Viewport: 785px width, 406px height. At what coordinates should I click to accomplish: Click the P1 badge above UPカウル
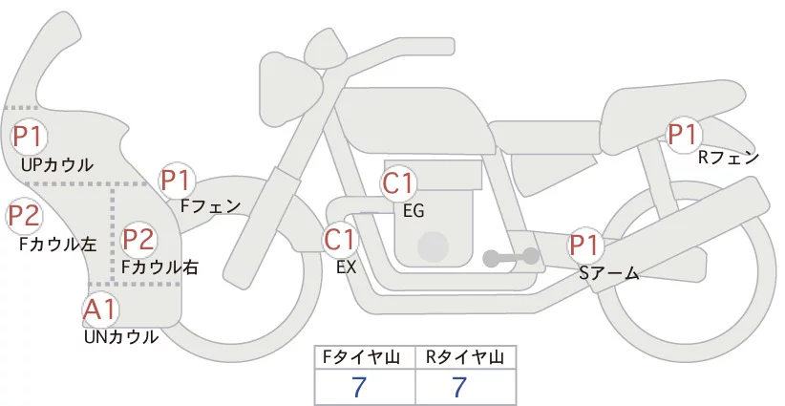tap(29, 137)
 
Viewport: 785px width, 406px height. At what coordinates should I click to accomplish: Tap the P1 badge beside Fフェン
tap(177, 181)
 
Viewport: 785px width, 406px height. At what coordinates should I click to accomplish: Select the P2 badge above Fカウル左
tap(25, 216)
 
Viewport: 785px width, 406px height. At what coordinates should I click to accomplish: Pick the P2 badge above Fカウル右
tap(139, 239)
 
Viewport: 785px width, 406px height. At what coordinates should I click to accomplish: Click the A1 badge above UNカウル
tap(100, 310)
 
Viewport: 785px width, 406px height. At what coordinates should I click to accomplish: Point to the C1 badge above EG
tap(399, 183)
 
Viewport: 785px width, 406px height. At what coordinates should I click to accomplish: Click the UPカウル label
tap(57, 165)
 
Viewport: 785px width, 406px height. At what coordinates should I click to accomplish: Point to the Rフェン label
tap(729, 159)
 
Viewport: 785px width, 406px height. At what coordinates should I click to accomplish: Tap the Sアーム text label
tap(609, 273)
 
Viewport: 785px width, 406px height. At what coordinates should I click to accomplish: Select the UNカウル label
tap(121, 337)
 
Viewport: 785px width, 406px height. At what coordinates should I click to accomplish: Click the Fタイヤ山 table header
tap(361, 357)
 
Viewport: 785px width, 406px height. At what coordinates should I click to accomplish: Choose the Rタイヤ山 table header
tap(465, 357)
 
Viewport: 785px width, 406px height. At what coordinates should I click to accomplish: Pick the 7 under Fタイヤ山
tap(359, 387)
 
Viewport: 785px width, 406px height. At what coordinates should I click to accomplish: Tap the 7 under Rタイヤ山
tap(459, 387)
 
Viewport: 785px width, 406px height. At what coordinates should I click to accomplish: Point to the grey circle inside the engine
tap(433, 246)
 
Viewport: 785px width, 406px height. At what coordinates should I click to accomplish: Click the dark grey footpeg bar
tap(511, 258)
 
